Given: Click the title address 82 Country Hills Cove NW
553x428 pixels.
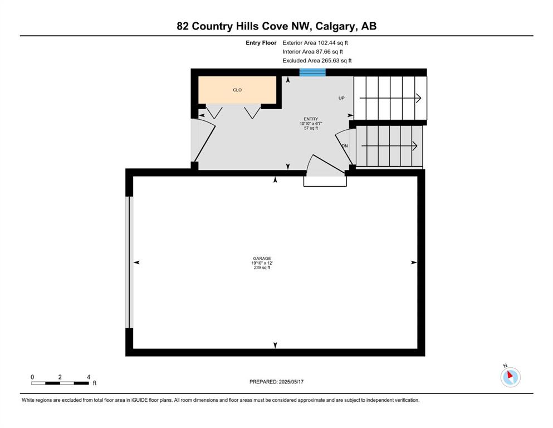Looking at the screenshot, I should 276,26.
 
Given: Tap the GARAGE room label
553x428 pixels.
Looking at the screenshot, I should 262,258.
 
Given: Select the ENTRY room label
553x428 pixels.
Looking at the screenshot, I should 310,119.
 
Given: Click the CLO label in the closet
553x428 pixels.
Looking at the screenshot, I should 237,90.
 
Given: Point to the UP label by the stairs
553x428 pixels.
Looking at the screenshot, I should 341,98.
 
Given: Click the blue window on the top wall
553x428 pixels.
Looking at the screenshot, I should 312,72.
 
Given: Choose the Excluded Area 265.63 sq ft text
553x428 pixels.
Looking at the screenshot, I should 317,61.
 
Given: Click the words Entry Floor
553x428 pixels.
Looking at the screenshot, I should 261,42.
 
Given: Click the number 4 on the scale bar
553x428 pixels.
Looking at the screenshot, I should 88,377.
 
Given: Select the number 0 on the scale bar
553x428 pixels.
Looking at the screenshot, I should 32,377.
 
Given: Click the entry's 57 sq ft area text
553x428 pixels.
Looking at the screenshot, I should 310,128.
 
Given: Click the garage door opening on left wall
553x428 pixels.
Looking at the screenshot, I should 129,262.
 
